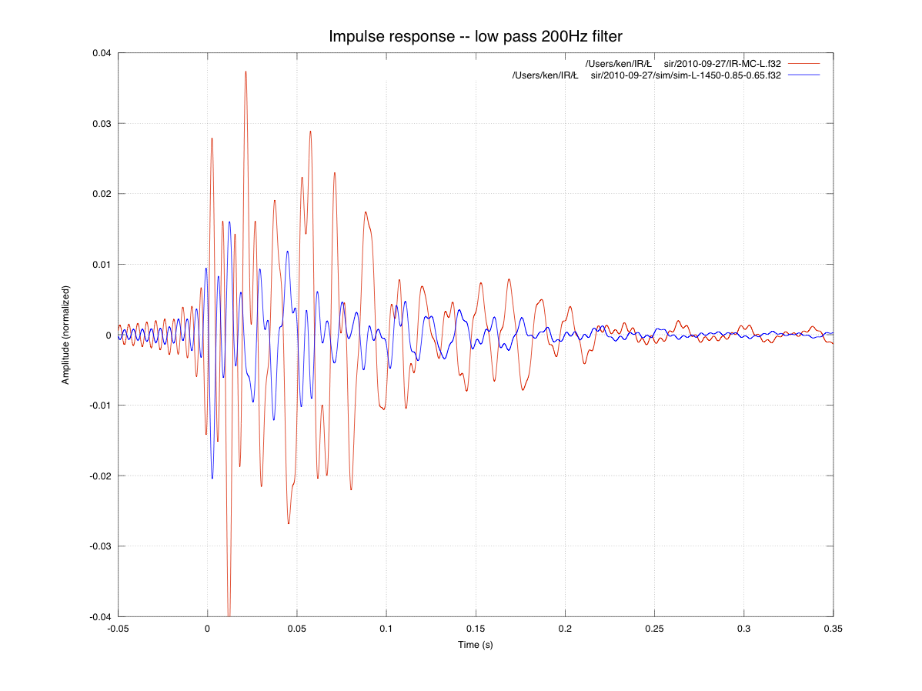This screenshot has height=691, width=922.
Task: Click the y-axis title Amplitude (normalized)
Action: click(x=66, y=335)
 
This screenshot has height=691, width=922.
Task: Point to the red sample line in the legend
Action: click(x=804, y=63)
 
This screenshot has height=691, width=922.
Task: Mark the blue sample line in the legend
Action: click(x=804, y=75)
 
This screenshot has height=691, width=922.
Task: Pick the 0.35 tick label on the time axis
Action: click(x=833, y=629)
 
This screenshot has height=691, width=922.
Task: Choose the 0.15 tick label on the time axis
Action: click(x=476, y=629)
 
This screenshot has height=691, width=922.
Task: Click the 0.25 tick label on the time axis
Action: click(x=654, y=629)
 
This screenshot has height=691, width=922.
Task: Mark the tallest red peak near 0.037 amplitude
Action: click(x=246, y=72)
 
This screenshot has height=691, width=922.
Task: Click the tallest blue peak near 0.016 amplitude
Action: click(x=229, y=222)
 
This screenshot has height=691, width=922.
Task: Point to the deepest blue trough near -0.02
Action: click(x=212, y=478)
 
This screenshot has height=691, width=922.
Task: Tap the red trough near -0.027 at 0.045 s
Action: click(x=289, y=524)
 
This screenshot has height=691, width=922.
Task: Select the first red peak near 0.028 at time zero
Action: click(x=212, y=139)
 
